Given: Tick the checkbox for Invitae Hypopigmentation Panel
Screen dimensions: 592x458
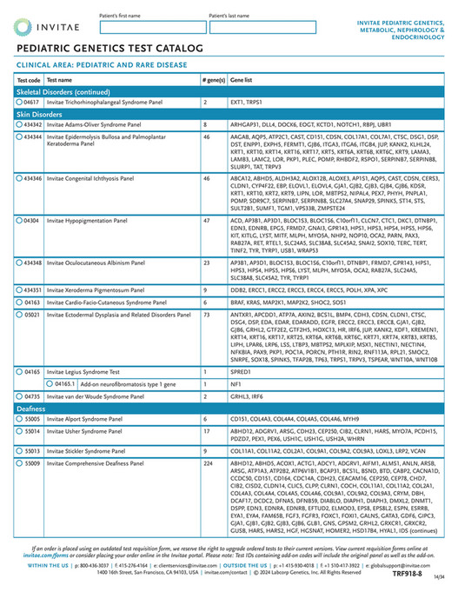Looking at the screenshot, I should click(20, 221).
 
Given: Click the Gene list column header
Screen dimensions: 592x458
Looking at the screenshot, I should click(242, 78).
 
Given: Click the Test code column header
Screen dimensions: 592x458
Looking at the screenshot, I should click(29, 78).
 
